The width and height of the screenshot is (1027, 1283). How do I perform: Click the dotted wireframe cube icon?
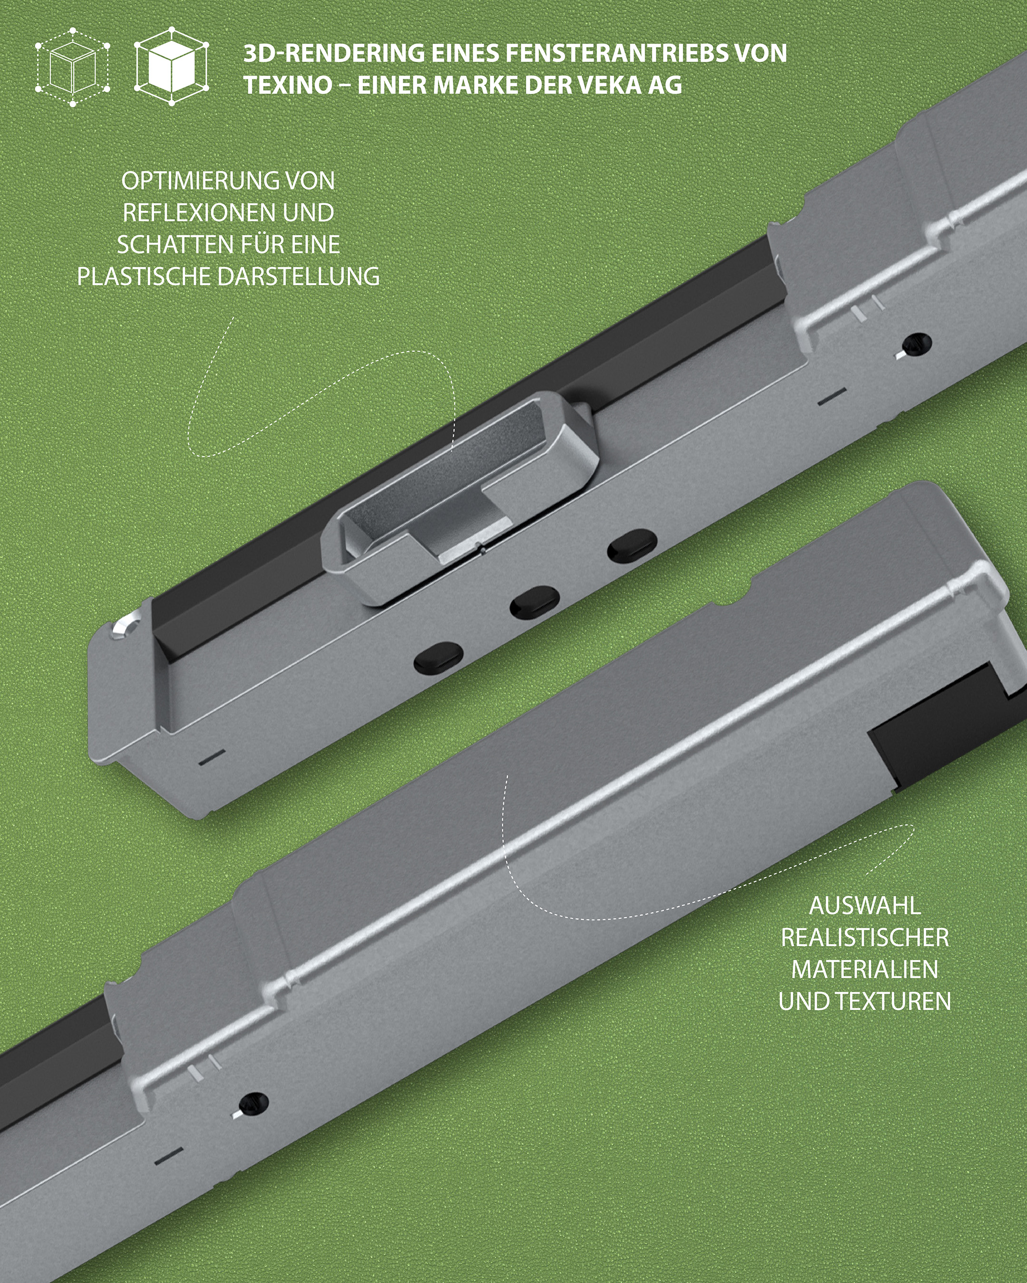[x=73, y=67]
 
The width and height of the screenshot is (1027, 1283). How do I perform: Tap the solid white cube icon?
[x=172, y=66]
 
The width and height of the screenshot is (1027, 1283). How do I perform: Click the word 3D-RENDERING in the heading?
[x=333, y=54]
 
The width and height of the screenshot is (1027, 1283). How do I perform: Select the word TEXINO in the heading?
[x=288, y=85]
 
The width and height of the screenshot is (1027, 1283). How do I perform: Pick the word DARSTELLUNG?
[x=298, y=277]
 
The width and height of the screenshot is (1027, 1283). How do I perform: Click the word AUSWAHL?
[x=864, y=906]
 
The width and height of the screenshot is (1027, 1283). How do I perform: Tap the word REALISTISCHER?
[x=864, y=938]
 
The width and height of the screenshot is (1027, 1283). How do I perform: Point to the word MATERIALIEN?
[x=864, y=969]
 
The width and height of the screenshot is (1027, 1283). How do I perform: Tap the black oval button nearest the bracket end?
[x=438, y=658]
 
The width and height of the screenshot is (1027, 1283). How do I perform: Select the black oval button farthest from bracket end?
[x=632, y=545]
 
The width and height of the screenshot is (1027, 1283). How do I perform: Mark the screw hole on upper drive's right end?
[x=917, y=344]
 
